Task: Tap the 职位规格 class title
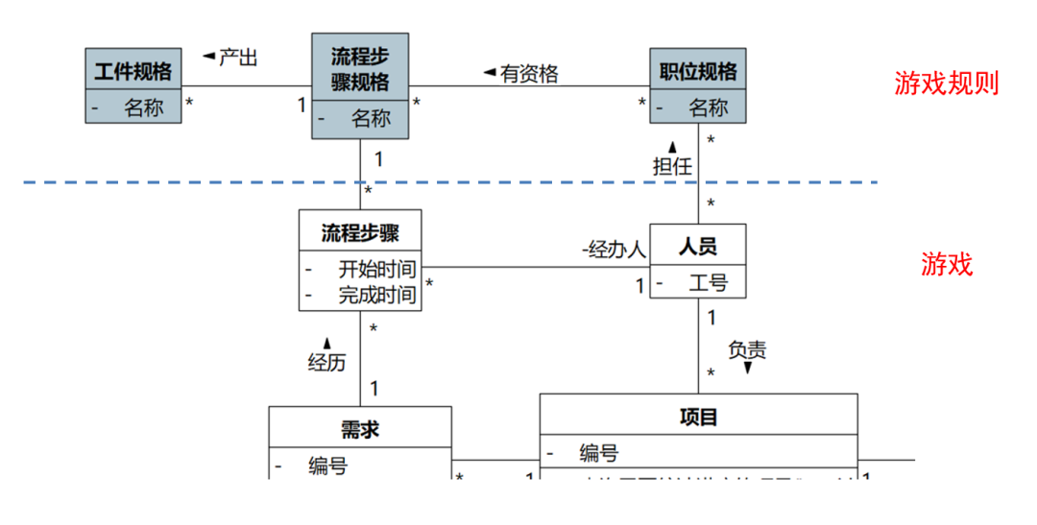[x=698, y=71]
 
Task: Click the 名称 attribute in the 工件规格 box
[x=143, y=107]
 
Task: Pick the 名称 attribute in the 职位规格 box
[x=709, y=107]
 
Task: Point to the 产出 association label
[x=237, y=58]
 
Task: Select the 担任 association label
[x=672, y=165]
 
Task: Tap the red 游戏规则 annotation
[x=947, y=84]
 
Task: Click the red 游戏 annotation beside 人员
[x=947, y=264]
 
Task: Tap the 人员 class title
[x=698, y=247]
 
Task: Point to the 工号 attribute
[x=708, y=283]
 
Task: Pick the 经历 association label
[x=326, y=362]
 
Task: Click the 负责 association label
[x=747, y=350]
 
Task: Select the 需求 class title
[x=359, y=429]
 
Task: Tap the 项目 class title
[x=698, y=417]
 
